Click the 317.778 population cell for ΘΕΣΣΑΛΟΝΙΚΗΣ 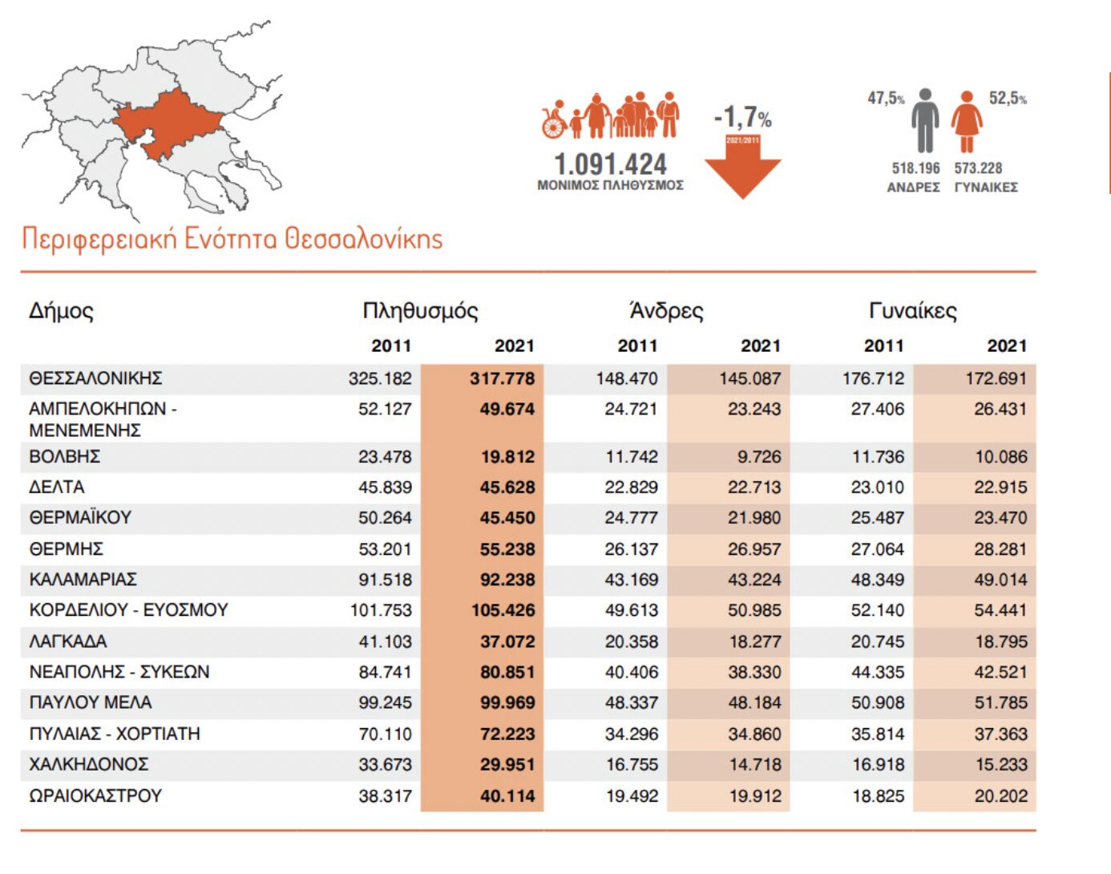502,378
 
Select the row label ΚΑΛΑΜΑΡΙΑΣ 83,579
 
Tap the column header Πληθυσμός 420,310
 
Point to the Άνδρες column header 666,310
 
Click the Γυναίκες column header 912,310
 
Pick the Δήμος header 61,310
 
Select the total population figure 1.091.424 610,164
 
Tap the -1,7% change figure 742,118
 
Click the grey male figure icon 925,120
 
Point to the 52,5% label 1007,98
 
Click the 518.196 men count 915,168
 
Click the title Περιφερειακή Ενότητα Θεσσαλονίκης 232,238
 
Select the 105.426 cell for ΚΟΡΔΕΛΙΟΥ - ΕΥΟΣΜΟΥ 503,610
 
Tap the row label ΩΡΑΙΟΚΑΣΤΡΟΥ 95,795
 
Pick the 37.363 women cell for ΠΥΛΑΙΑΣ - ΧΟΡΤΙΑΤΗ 1000,734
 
